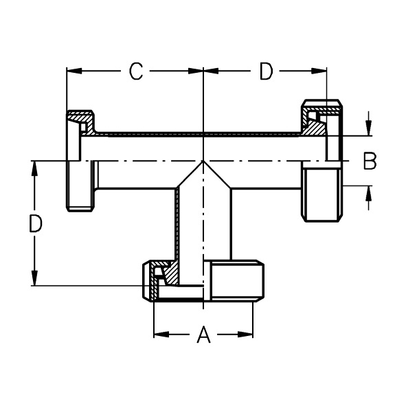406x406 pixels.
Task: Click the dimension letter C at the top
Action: click(x=136, y=71)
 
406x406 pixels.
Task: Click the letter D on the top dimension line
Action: click(x=266, y=71)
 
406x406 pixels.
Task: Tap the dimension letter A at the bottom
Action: click(x=204, y=335)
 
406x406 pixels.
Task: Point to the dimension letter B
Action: click(x=370, y=161)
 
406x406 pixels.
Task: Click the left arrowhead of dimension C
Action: click(x=74, y=71)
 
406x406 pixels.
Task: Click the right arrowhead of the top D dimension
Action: click(x=319, y=71)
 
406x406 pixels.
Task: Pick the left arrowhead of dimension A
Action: click(x=161, y=335)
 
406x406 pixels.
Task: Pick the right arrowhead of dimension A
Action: click(x=245, y=335)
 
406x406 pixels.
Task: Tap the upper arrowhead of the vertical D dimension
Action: click(x=34, y=168)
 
